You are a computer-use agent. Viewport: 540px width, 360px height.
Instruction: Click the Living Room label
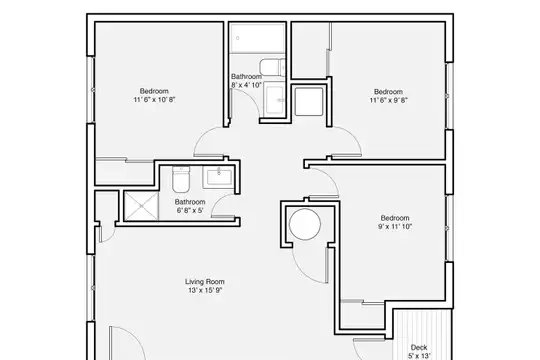click(x=205, y=281)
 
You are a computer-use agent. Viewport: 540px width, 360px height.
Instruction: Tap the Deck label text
click(x=419, y=347)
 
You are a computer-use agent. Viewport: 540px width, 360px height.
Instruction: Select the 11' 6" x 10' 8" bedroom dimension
click(x=154, y=100)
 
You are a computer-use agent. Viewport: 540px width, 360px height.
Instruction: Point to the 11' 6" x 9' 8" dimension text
click(x=388, y=100)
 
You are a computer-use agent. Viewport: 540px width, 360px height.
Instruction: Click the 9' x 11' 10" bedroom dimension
click(x=395, y=226)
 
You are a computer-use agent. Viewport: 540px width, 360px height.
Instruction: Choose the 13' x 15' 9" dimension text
click(x=205, y=290)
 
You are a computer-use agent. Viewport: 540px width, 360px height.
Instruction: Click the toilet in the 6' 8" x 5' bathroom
click(x=181, y=179)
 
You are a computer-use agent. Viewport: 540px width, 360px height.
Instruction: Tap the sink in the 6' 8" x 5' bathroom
click(x=218, y=177)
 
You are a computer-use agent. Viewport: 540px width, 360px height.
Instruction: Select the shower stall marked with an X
click(x=141, y=206)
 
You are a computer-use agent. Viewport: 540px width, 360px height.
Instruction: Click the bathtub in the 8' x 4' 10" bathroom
click(x=257, y=38)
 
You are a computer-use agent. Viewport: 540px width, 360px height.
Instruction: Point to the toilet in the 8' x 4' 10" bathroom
click(x=272, y=68)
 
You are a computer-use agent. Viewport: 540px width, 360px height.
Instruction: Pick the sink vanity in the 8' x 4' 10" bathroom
click(x=274, y=101)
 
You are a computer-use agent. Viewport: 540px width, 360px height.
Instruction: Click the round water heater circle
click(x=305, y=224)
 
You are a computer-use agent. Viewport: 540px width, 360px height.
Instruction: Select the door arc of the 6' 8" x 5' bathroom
click(x=216, y=201)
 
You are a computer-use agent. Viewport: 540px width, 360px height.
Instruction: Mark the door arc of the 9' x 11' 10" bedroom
click(x=331, y=176)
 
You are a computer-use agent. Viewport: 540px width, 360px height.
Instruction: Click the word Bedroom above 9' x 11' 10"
click(x=395, y=218)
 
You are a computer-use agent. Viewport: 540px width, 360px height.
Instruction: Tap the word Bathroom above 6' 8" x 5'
click(x=190, y=202)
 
